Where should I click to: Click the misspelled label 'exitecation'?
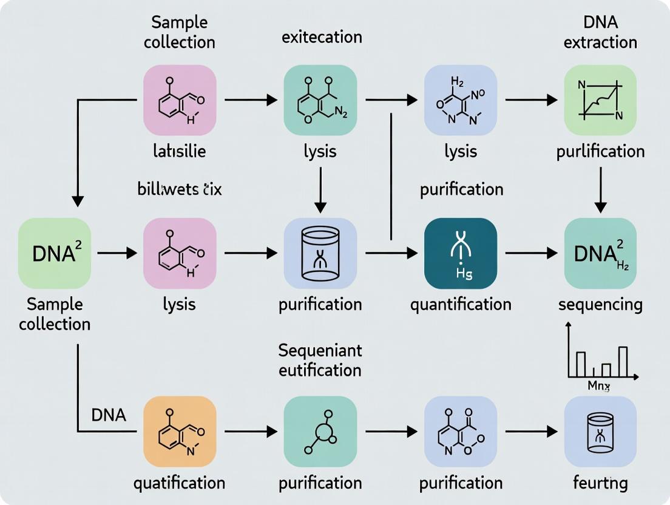click(322, 36)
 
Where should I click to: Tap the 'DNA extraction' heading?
click(600, 32)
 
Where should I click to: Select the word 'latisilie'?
click(180, 151)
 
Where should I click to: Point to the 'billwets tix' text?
click(180, 189)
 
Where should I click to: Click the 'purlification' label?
click(600, 151)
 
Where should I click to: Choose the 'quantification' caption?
click(461, 303)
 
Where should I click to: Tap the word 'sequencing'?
click(600, 303)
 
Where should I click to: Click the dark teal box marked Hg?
click(461, 253)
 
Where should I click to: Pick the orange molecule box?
click(180, 432)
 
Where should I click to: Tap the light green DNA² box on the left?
click(54, 253)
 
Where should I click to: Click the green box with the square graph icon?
click(600, 100)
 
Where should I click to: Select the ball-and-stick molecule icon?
click(320, 432)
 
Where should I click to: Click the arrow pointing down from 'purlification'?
click(600, 189)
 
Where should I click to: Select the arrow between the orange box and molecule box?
click(251, 432)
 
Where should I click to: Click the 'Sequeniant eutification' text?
click(320, 359)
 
